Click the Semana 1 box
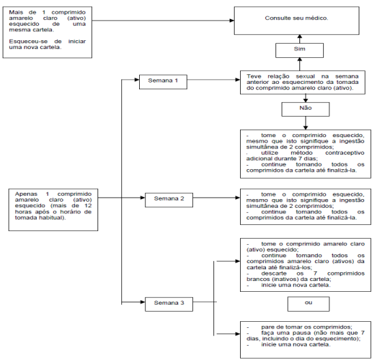163,82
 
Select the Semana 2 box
169,200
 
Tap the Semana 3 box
169,304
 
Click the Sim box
299,50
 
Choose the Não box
305,109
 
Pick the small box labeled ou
308,304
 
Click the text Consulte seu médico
297,18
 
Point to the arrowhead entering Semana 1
137,80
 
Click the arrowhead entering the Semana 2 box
143,198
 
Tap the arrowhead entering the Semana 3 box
143,302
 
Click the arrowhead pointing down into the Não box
305,100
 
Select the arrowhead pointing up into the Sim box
300,60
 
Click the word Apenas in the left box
26,194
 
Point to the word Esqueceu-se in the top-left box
29,42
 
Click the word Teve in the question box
254,76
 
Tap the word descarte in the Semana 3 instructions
274,273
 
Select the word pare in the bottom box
267,327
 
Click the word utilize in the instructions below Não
269,153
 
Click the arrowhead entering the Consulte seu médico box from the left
232,20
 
